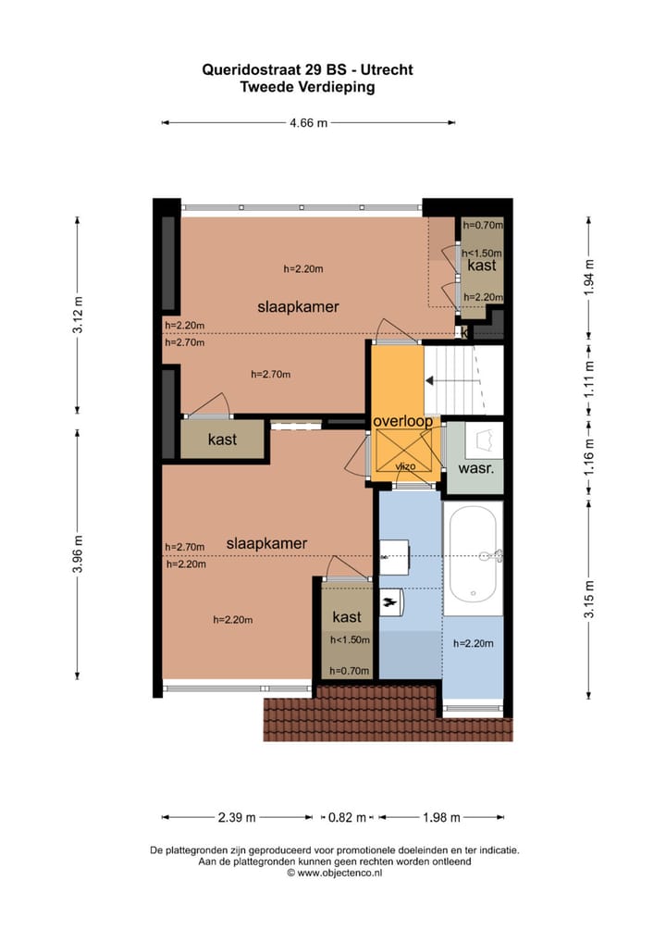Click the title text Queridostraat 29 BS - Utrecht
coord(308,68)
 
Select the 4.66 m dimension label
coord(309,122)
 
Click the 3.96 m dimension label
coord(78,554)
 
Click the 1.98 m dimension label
coord(441,817)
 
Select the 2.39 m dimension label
coord(237,817)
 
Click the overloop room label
coord(402,421)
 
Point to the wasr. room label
coord(475,469)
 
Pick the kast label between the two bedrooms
coord(222,439)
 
